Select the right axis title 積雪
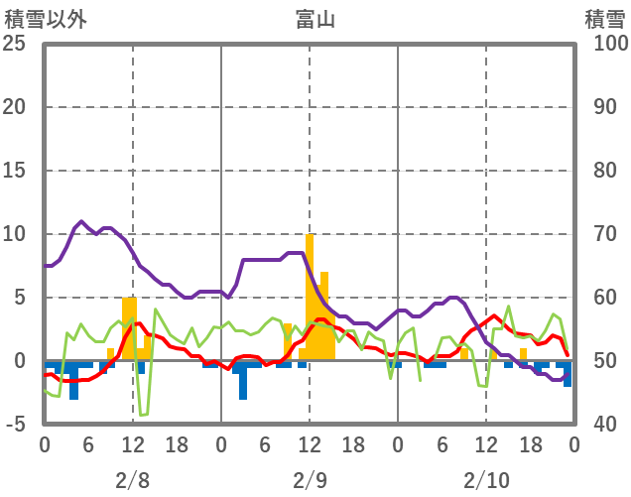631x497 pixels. [603, 18]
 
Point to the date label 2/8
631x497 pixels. [132, 480]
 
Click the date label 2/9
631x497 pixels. [310, 480]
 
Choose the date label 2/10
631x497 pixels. [486, 480]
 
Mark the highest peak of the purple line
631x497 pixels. [81, 221]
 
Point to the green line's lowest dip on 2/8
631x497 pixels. [143, 414]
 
